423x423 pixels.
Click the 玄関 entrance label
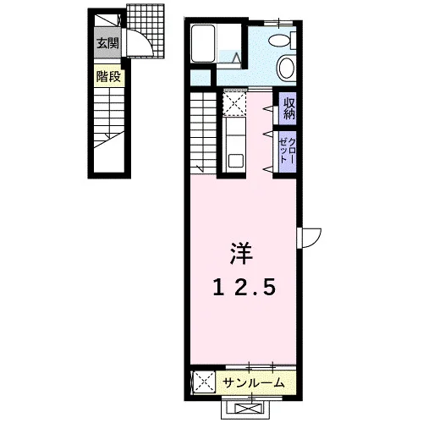pos(107,43)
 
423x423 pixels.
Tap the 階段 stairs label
pos(108,76)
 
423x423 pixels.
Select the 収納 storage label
pos(288,108)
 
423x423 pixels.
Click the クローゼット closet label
pos(288,151)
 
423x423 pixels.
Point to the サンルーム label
pos(253,382)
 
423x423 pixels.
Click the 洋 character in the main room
pos(241,253)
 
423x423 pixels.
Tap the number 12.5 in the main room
pos(244,288)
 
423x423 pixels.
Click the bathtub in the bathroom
pos(203,43)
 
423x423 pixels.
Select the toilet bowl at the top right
pos(282,41)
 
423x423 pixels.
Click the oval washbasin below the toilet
pos(287,68)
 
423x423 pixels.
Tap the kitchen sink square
pos(236,161)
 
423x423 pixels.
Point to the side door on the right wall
pos(309,238)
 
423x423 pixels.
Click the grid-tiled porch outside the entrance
pos(146,31)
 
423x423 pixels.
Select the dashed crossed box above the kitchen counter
pos(234,102)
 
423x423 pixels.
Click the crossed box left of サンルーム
pos(204,382)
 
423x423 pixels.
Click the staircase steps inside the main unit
pos(203,133)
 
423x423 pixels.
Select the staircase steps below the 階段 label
pos(109,118)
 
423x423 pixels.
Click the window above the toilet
pos(278,23)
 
